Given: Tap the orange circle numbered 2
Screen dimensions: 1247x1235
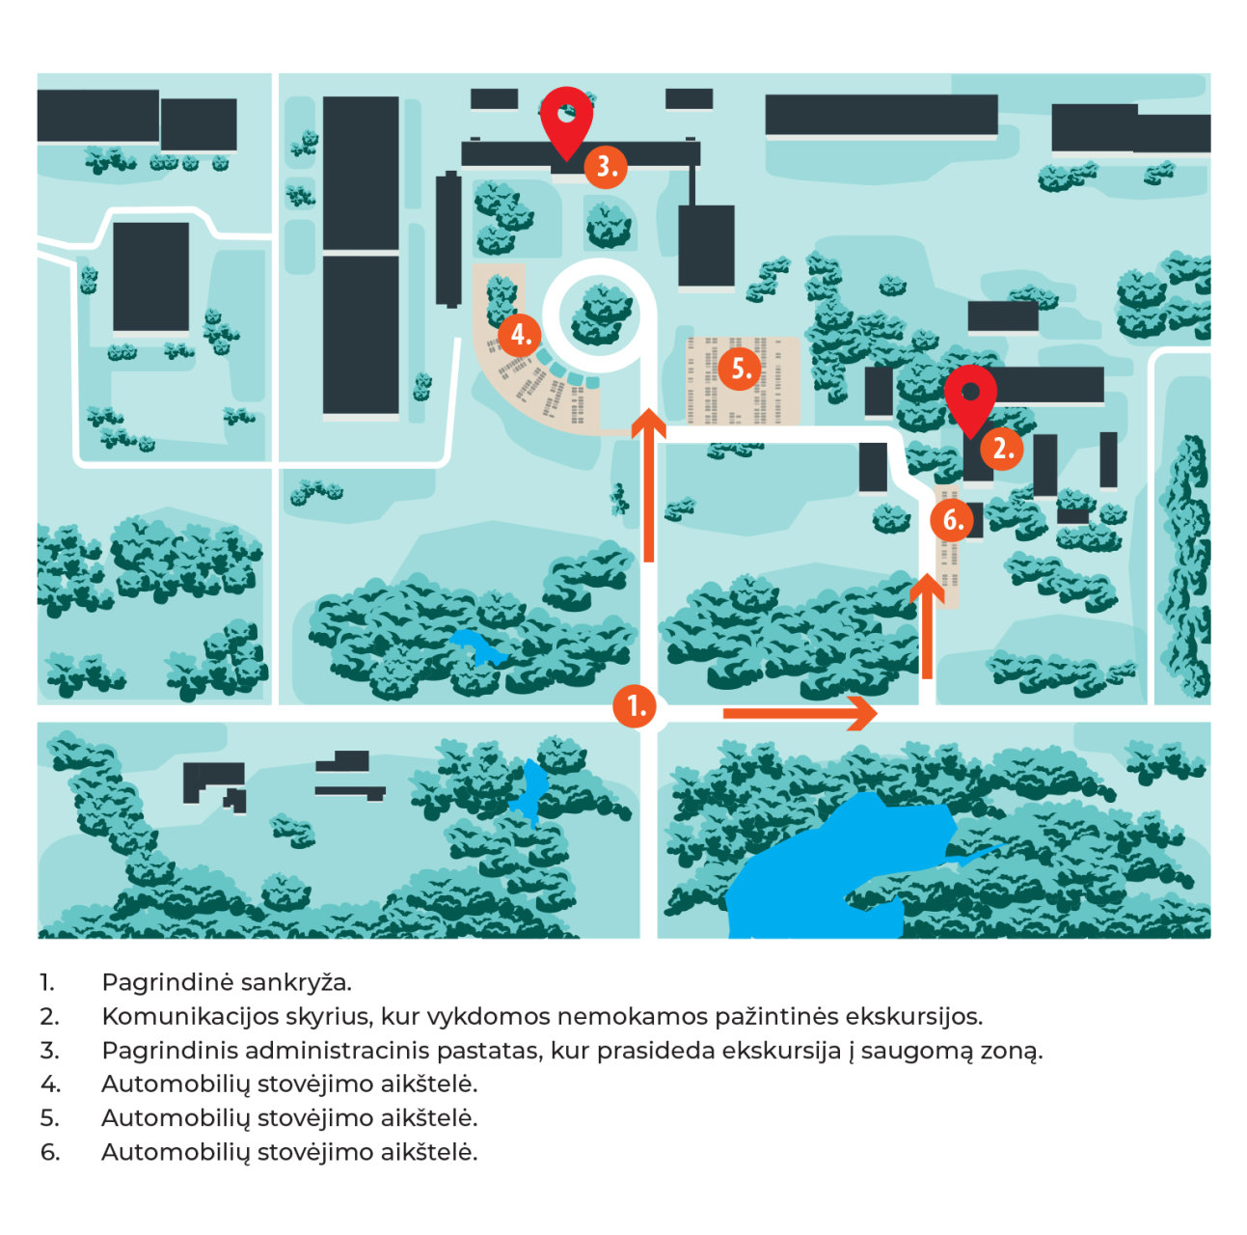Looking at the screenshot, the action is tap(1000, 448).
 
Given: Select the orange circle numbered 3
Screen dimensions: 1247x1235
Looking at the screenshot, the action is tap(605, 167).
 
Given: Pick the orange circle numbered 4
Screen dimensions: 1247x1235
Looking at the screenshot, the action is tap(519, 335).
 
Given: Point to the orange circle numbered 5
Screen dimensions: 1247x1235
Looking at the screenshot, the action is tap(739, 369).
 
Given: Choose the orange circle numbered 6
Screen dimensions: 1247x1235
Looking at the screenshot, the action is tap(951, 520).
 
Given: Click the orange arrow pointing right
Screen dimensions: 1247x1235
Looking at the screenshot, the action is tap(800, 712).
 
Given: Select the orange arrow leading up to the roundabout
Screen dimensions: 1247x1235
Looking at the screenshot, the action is tap(648, 484).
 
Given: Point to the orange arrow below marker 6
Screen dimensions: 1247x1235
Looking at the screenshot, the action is tap(926, 625).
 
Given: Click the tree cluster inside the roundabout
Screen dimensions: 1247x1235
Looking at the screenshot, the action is tap(601, 315).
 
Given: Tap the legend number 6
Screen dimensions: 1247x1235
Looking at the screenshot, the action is tap(49, 1152).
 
